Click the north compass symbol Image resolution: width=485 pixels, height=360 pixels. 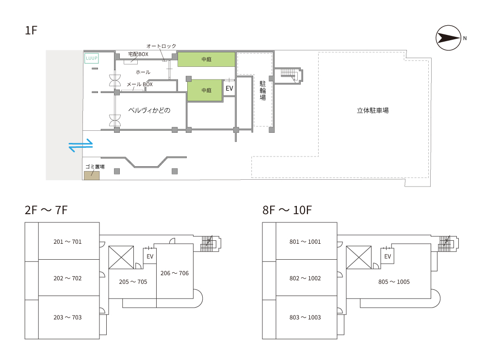tap(448, 38)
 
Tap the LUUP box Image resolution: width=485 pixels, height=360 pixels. tap(92, 58)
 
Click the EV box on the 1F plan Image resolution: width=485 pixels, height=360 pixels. tap(229, 89)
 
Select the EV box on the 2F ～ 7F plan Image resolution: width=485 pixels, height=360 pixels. tap(150, 256)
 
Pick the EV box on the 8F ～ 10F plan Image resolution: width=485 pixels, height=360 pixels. tap(388, 256)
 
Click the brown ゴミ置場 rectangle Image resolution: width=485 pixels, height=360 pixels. tap(92, 175)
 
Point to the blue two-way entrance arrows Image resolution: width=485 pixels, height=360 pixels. tap(81, 145)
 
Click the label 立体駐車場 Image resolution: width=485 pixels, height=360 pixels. tap(372, 110)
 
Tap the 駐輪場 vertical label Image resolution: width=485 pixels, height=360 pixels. tap(262, 91)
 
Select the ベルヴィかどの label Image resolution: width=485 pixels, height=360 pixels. tap(149, 110)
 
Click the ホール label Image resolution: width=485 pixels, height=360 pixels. tap(143, 72)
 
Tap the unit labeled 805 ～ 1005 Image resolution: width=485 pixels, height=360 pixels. tap(394, 282)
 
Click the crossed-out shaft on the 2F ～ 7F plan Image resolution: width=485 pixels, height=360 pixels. tap(121, 257)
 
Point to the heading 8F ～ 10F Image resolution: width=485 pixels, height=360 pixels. tap(287, 210)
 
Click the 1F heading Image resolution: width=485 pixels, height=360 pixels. tap(31, 31)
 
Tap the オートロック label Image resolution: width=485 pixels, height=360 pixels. tap(161, 46)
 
